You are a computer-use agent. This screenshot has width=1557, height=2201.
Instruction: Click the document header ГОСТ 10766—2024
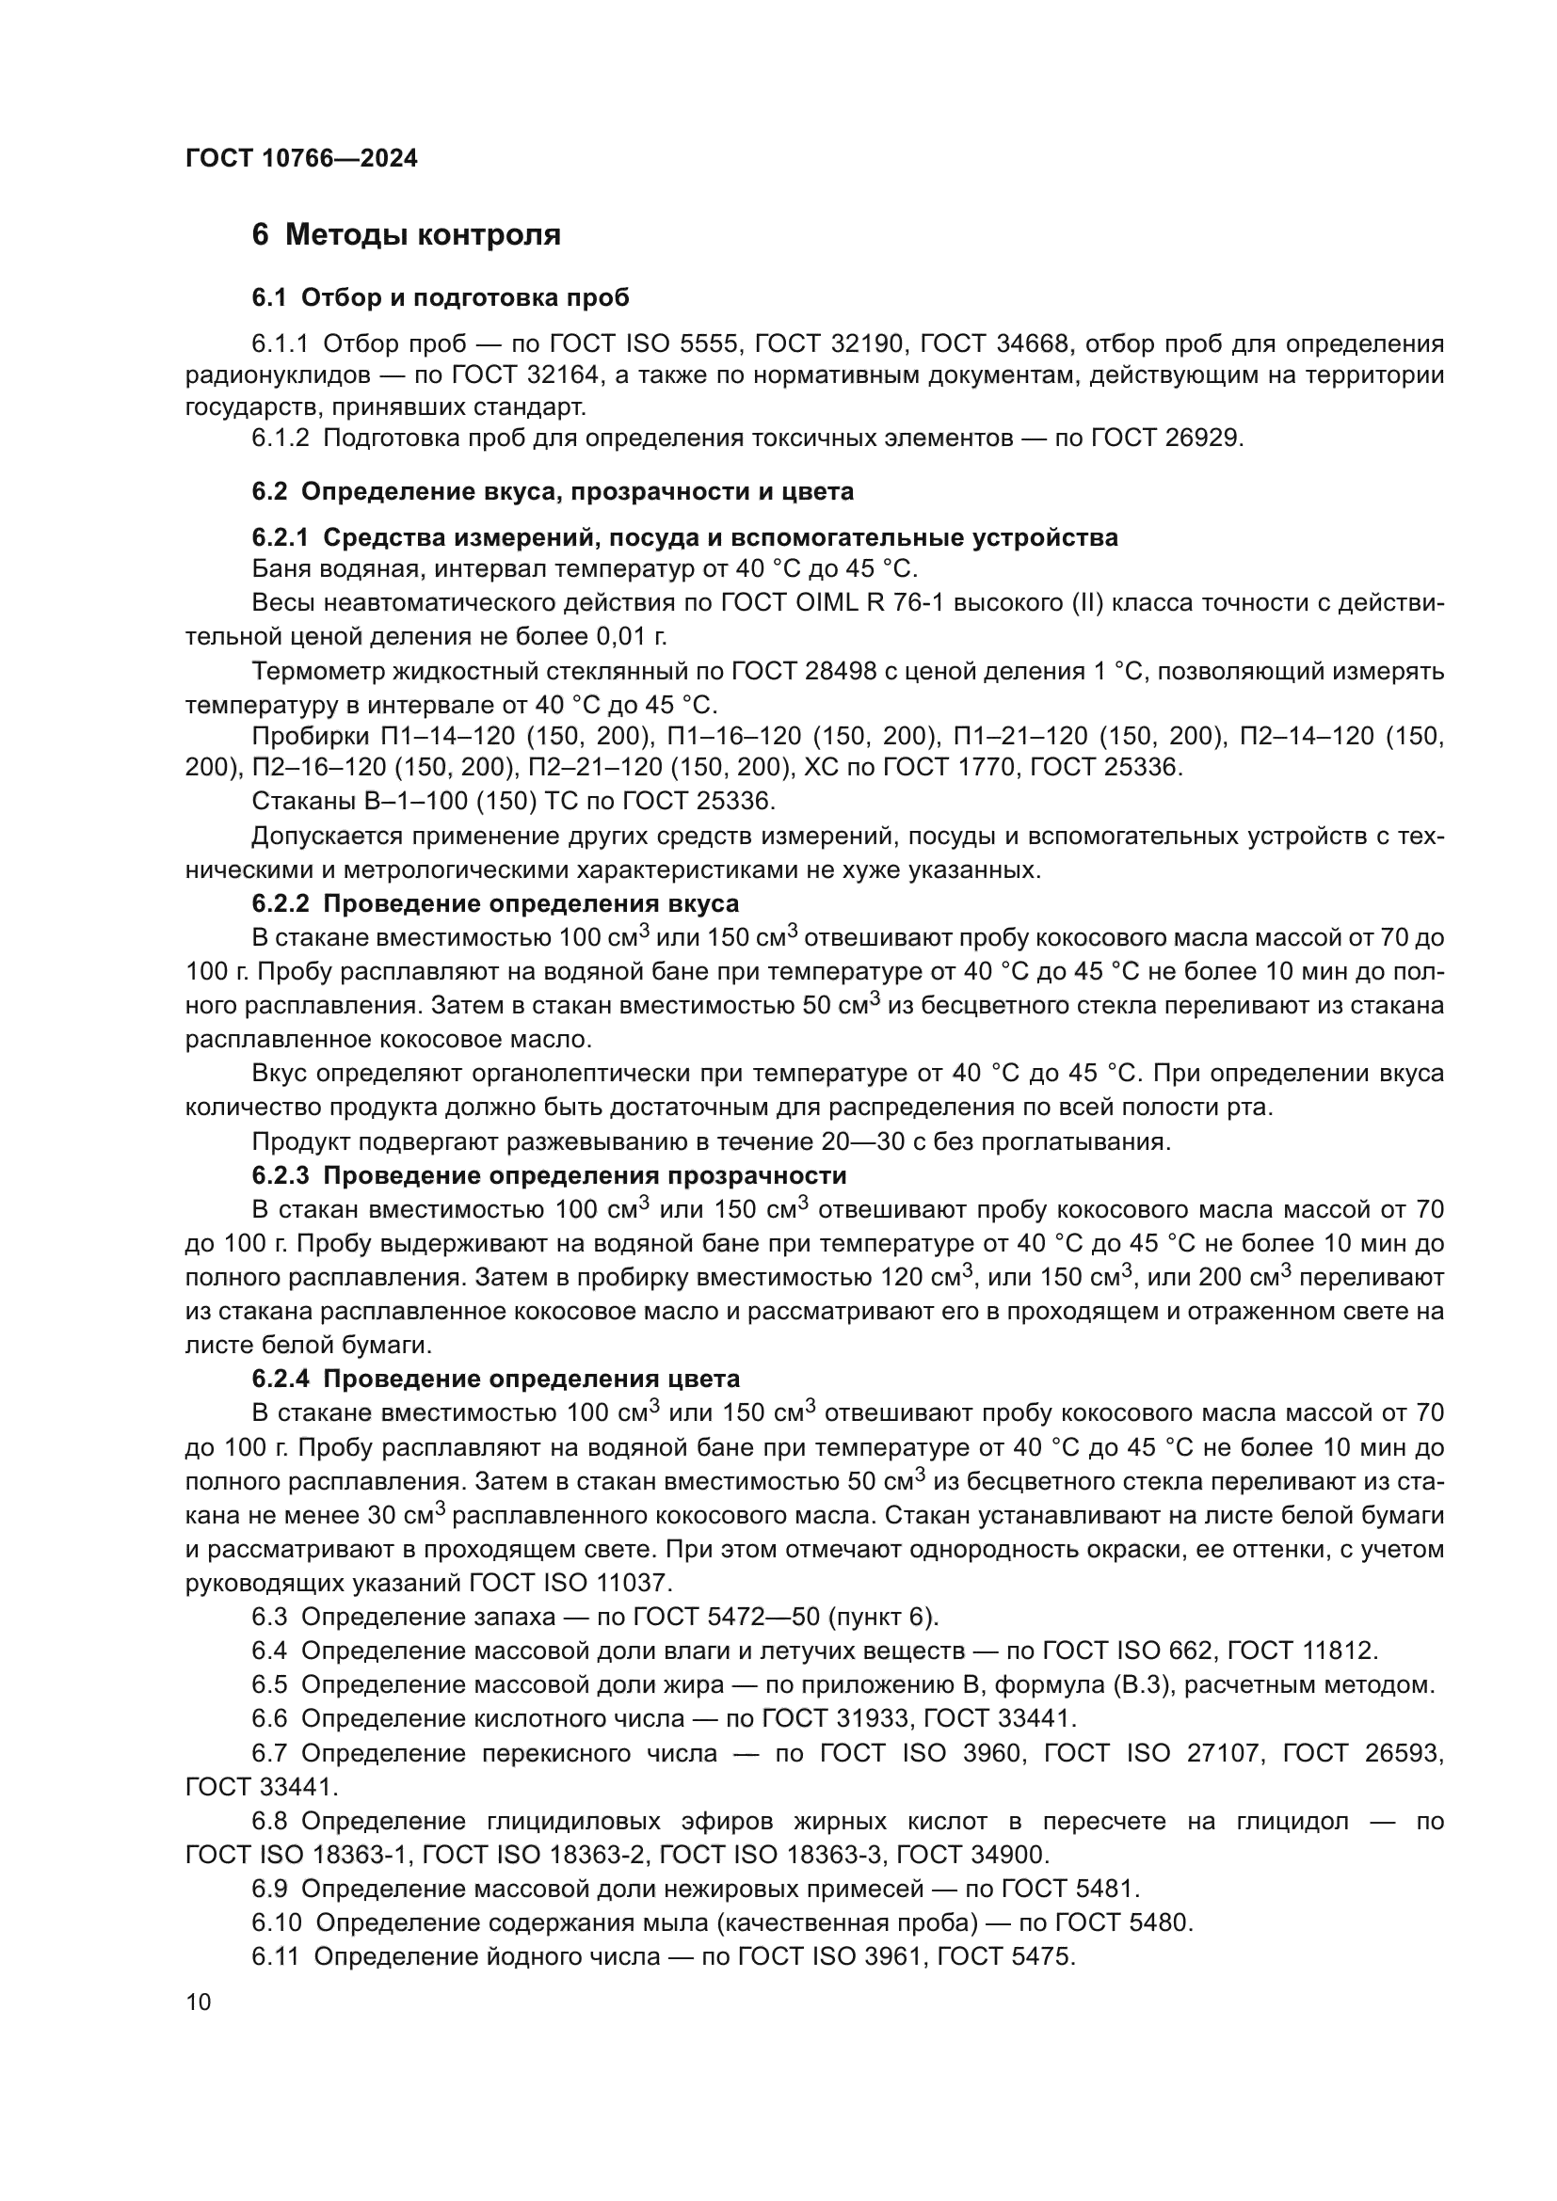(301, 159)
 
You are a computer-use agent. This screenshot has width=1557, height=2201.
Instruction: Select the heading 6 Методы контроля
(406, 235)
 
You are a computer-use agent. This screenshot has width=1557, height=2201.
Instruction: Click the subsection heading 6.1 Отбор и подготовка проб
(440, 298)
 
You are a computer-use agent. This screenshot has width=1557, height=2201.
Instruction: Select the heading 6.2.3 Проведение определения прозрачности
(549, 1175)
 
